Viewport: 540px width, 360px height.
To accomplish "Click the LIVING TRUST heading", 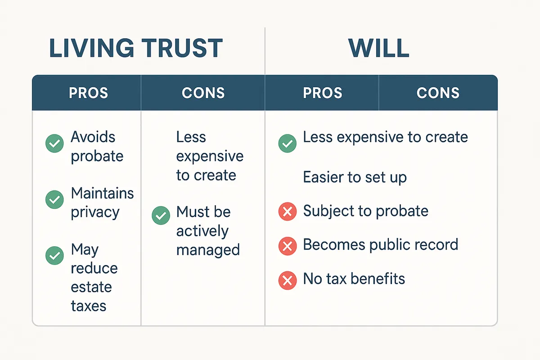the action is (136, 48).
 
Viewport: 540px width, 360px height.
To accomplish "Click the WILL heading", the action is (378, 48).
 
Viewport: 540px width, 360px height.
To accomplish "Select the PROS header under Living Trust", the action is (88, 93).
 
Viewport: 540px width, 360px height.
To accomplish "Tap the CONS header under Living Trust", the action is (203, 93).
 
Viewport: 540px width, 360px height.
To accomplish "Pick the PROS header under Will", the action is (322, 93).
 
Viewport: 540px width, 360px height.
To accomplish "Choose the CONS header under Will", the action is (438, 93).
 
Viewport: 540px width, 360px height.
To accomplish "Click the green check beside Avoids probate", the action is (54, 144).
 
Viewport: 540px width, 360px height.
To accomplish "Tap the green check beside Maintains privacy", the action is (54, 199).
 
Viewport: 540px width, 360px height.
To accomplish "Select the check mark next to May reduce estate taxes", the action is (54, 256).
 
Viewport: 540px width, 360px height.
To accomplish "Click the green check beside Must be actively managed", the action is (161, 215).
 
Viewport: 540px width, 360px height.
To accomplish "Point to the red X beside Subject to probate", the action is (288, 211).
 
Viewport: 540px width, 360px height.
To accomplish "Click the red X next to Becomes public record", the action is (288, 246).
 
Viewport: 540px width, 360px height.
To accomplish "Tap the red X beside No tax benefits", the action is (288, 280).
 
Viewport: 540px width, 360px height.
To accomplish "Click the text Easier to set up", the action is (355, 177).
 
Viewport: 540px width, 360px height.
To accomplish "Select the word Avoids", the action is (93, 137).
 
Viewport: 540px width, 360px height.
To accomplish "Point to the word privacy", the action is (95, 213).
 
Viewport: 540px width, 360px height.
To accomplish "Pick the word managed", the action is (208, 250).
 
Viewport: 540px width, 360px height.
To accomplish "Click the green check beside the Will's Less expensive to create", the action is (288, 144).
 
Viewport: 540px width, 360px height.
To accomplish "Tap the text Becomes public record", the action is (380, 244).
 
